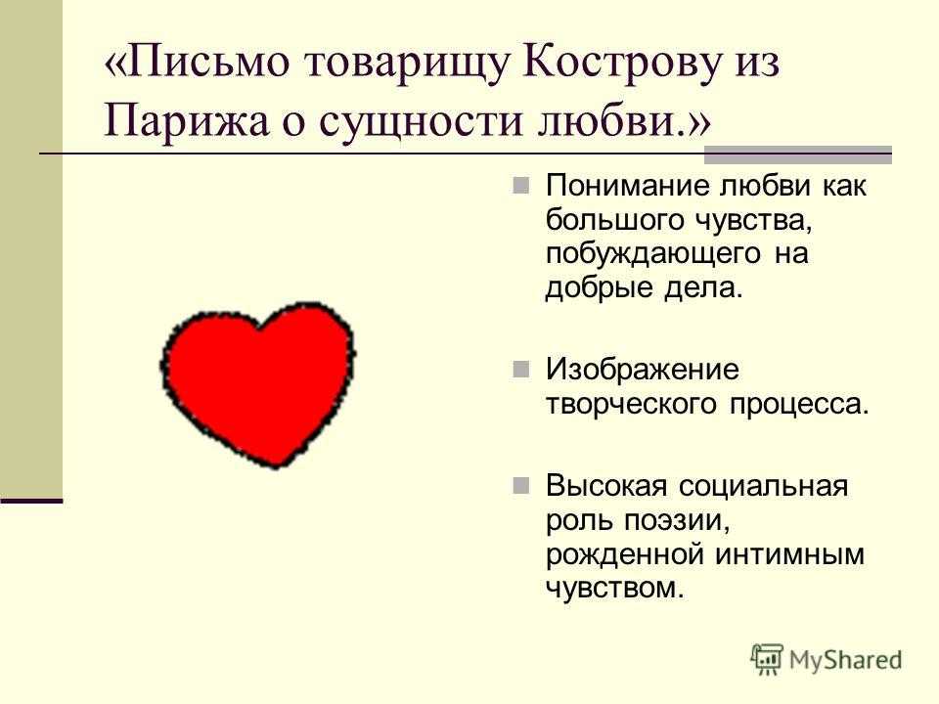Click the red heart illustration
(x=257, y=383)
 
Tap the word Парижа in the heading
(x=186, y=120)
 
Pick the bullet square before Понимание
(x=521, y=185)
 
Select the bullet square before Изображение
(x=521, y=369)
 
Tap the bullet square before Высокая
(x=521, y=485)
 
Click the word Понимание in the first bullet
(x=628, y=186)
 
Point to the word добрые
(x=599, y=288)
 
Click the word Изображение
(x=643, y=371)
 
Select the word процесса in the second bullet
(x=799, y=405)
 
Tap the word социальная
(x=763, y=486)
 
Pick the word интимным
(x=789, y=554)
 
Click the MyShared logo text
(x=845, y=660)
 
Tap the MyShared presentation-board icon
(x=767, y=659)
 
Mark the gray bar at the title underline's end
(x=798, y=154)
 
